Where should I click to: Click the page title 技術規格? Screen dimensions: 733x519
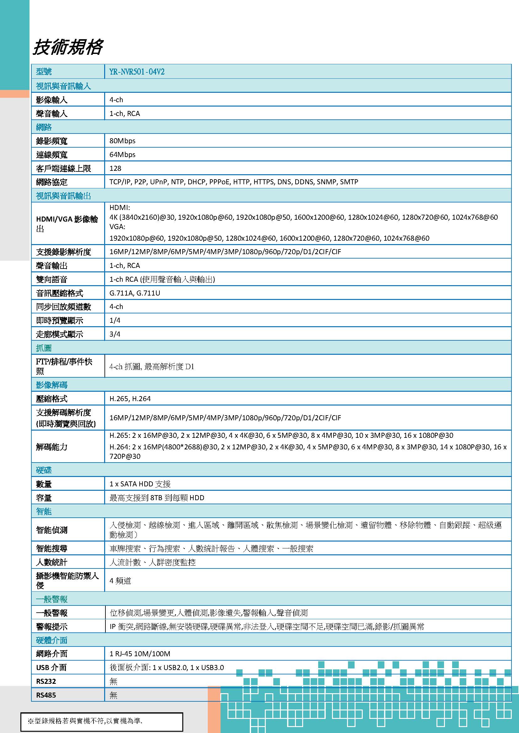point(68,47)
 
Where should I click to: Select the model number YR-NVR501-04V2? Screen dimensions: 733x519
point(137,72)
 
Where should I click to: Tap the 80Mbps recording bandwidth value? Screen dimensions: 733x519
point(122,141)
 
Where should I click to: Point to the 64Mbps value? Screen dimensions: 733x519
point(122,154)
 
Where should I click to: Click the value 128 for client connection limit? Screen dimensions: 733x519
point(115,168)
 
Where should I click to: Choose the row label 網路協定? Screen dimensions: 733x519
point(52,182)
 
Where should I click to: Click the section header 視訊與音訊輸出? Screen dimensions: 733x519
point(64,196)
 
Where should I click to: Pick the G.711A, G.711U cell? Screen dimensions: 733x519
point(135,293)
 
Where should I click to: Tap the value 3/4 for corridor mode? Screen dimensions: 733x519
point(115,334)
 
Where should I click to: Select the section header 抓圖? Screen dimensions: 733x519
point(44,348)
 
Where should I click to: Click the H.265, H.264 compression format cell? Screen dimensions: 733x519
point(130,399)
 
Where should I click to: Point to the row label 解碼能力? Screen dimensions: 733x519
point(52,447)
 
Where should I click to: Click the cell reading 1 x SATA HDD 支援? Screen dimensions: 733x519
point(140,484)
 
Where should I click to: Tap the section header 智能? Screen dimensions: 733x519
point(44,511)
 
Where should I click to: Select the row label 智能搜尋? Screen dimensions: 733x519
point(52,548)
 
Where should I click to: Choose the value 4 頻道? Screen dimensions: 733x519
point(120,581)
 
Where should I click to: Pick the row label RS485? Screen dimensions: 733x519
point(46,695)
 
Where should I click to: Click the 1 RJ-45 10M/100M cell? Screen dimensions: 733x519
point(140,654)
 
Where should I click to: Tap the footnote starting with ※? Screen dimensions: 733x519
point(85,721)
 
